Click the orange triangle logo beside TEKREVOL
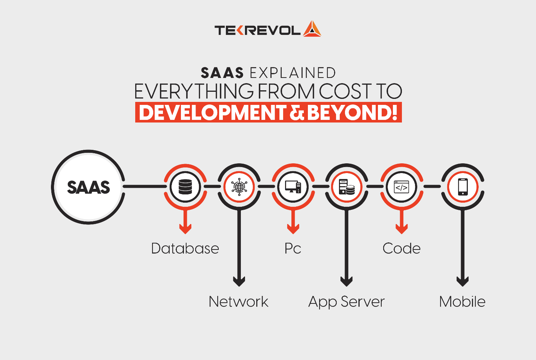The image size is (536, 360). [x=312, y=29]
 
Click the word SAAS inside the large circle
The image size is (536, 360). [x=88, y=187]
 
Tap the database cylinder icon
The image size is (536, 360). [x=185, y=187]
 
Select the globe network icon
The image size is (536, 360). [x=239, y=187]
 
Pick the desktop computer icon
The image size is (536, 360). [x=293, y=187]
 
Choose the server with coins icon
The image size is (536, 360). [x=346, y=187]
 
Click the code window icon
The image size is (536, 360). [x=402, y=187]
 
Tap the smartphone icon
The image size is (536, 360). [x=463, y=187]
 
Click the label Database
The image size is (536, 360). [x=185, y=248]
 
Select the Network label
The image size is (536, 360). [x=239, y=302]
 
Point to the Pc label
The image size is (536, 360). [x=293, y=248]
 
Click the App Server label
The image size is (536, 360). [x=346, y=302]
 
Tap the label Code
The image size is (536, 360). [x=402, y=248]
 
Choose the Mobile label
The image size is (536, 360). [x=462, y=302]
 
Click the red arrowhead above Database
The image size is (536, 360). [x=185, y=228]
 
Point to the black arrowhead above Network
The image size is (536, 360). [x=239, y=281]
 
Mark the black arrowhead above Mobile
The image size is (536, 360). [x=463, y=281]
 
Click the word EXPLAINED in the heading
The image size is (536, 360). [x=293, y=73]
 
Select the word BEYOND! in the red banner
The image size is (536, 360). [x=352, y=112]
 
